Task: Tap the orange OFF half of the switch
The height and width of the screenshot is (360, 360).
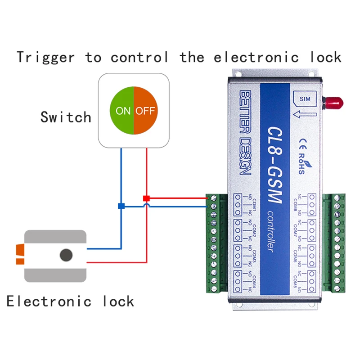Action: coord(146,111)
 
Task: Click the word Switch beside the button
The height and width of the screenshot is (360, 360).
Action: coord(66,117)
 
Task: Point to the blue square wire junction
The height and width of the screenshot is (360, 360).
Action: coord(121,206)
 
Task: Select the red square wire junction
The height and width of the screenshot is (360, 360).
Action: coord(146,198)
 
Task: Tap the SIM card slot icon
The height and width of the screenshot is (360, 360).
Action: coord(305,103)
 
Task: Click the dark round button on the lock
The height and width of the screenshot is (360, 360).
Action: coord(67,255)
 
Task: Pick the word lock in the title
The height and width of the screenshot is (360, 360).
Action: coord(325,58)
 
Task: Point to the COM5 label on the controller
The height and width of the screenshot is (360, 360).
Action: coord(295,281)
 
